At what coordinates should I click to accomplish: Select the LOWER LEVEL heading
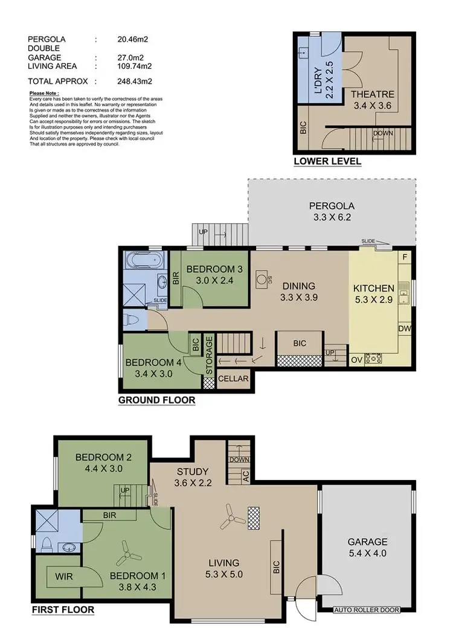(327, 161)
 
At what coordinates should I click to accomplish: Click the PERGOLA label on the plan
(331, 205)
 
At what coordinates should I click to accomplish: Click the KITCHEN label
(373, 289)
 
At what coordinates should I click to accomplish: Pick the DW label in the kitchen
(405, 328)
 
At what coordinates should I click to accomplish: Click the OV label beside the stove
(357, 359)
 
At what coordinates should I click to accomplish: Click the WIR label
(64, 577)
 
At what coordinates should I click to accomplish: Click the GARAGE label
(367, 542)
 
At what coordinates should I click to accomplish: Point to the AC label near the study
(245, 475)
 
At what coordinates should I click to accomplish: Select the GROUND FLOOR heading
(156, 400)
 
